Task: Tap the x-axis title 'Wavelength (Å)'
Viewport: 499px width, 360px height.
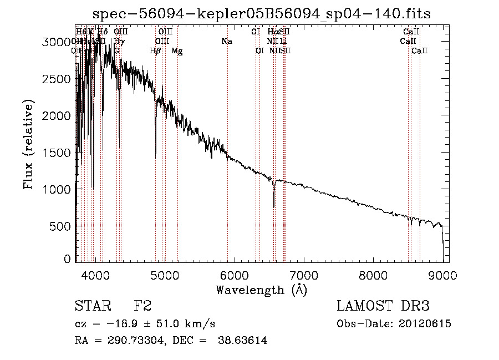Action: [262, 290]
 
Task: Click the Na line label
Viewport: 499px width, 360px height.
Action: [226, 42]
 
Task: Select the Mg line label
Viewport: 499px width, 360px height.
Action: [177, 51]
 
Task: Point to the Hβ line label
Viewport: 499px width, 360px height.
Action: [155, 51]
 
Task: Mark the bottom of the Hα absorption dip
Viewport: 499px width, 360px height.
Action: [274, 207]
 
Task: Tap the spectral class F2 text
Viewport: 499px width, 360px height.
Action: [142, 306]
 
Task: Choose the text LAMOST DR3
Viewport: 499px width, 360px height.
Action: [383, 306]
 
